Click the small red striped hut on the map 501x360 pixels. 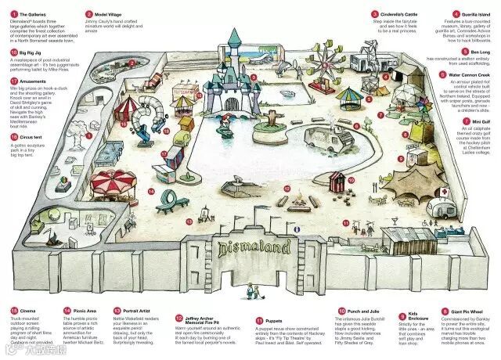click(x=337, y=182)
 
